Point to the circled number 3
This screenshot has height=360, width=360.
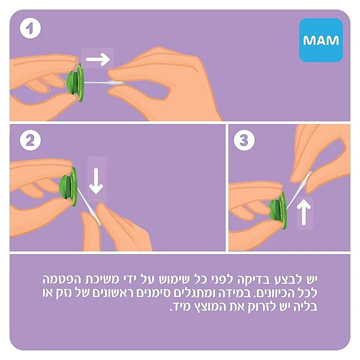point(244,141)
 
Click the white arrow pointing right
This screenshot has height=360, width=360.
point(97,60)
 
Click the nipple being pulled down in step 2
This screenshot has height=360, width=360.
point(91,210)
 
